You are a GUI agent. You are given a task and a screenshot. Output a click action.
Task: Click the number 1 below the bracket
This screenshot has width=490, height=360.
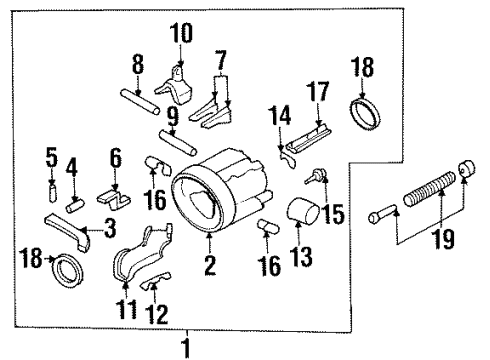tap(184, 348)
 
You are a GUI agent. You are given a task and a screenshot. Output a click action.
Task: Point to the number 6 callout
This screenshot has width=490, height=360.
tap(116, 156)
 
